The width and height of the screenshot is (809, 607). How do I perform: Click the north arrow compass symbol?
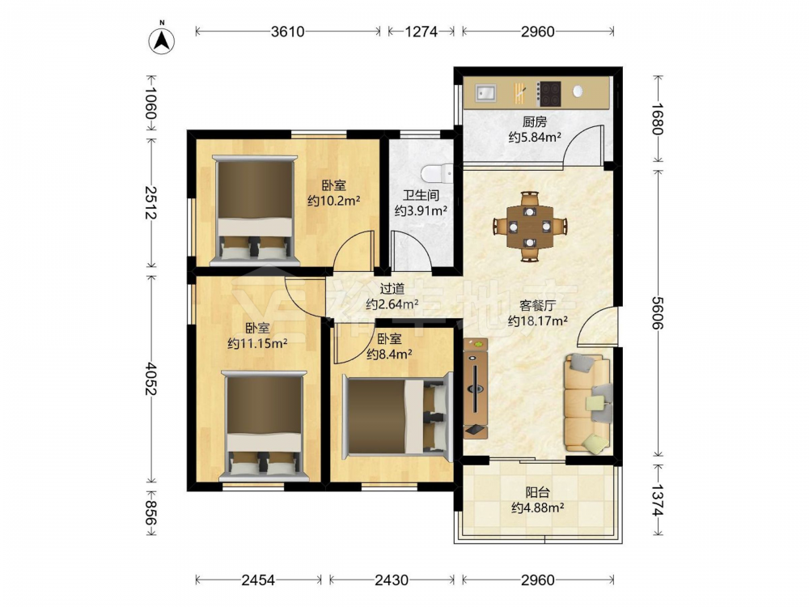click(162, 40)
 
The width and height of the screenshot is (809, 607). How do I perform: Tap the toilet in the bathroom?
click(437, 173)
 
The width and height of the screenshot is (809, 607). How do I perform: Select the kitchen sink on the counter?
click(485, 93)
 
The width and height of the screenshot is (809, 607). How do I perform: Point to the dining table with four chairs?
click(530, 226)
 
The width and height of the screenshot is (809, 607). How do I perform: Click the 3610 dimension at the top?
click(288, 32)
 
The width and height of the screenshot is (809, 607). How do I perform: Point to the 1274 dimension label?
click(421, 32)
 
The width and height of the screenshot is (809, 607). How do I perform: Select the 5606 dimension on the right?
click(657, 312)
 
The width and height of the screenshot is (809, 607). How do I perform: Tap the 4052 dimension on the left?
click(150, 378)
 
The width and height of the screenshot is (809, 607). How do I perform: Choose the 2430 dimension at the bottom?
click(392, 580)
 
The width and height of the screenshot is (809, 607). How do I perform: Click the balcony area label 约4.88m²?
click(538, 508)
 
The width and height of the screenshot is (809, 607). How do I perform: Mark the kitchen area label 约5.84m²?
click(535, 138)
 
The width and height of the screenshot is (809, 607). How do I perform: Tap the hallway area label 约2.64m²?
click(392, 304)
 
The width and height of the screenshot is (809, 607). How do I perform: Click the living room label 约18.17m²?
click(538, 320)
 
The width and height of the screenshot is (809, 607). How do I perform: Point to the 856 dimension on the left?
click(150, 513)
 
